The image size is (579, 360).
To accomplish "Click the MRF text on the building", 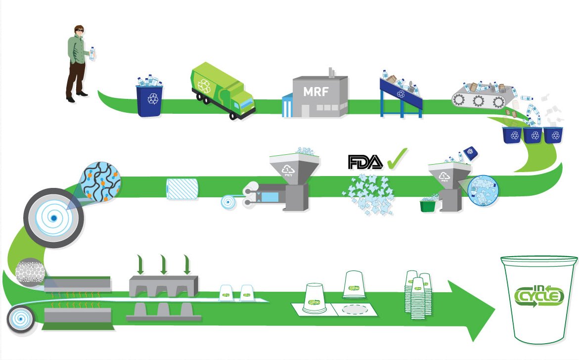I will (315, 92).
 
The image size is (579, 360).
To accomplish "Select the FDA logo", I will (365, 162).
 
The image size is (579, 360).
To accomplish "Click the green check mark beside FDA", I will (397, 159).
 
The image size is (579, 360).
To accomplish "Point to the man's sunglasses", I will (79, 31).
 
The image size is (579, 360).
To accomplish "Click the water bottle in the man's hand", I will (91, 53).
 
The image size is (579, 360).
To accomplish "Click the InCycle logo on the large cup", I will (538, 296).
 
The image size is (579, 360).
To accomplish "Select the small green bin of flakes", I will (427, 205).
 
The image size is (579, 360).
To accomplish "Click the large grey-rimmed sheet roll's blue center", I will (52, 218).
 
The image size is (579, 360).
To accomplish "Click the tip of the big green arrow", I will (494, 312).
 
